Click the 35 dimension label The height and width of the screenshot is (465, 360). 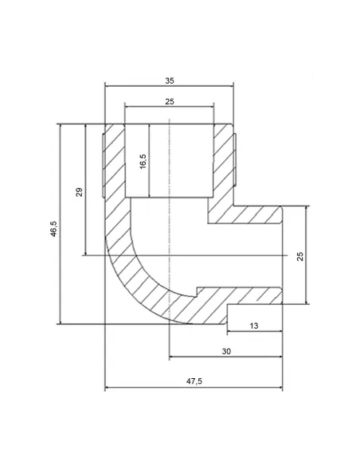(170, 80)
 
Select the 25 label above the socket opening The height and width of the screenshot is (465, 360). (170, 102)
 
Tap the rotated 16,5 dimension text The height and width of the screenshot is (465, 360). (143, 162)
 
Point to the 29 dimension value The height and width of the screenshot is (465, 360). (79, 192)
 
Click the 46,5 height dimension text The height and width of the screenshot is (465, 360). (53, 229)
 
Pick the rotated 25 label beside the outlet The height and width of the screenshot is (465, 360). (300, 256)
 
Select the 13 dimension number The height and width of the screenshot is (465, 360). (254, 326)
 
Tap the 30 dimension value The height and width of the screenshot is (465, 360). (226, 351)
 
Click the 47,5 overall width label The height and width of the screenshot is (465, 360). (194, 381)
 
